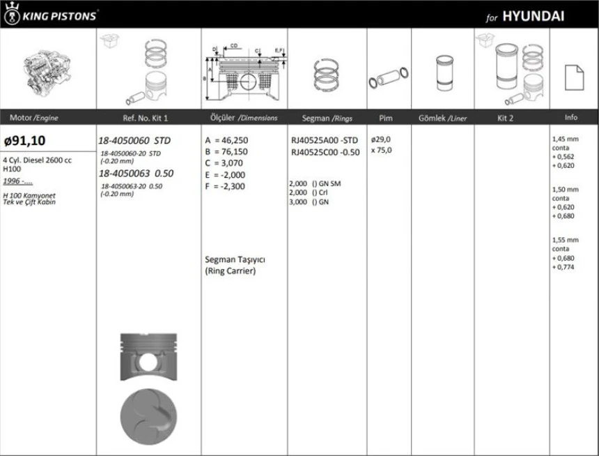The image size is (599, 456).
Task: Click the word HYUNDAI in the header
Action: pyautogui.click(x=533, y=16)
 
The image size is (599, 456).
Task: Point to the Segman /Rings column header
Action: pyautogui.click(x=326, y=118)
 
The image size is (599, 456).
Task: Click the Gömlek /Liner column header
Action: pyautogui.click(x=442, y=118)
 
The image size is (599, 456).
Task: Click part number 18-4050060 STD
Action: pyautogui.click(x=134, y=140)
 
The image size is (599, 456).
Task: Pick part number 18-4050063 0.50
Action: pyautogui.click(x=136, y=174)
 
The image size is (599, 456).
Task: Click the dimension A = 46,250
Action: pyautogui.click(x=226, y=140)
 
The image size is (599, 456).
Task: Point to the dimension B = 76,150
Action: pyautogui.click(x=226, y=151)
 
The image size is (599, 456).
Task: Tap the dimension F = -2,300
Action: pyautogui.click(x=225, y=186)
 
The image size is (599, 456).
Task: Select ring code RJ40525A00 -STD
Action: pyautogui.click(x=325, y=140)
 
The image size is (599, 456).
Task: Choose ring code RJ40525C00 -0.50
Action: pyautogui.click(x=325, y=151)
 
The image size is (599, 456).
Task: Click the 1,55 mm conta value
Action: pyautogui.click(x=564, y=240)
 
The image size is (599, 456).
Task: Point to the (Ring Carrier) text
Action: pyautogui.click(x=231, y=271)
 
